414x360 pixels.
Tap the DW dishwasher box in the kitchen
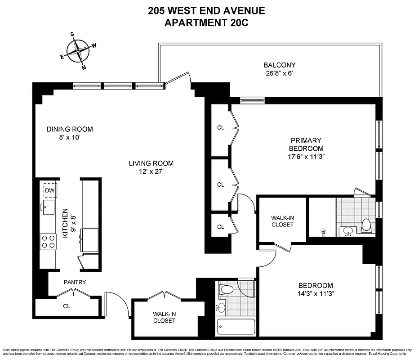49,191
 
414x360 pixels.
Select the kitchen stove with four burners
48,242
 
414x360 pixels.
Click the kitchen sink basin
49,207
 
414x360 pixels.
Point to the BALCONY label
280,65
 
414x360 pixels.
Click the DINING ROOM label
70,129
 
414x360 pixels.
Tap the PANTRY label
75,282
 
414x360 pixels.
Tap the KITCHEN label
66,223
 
